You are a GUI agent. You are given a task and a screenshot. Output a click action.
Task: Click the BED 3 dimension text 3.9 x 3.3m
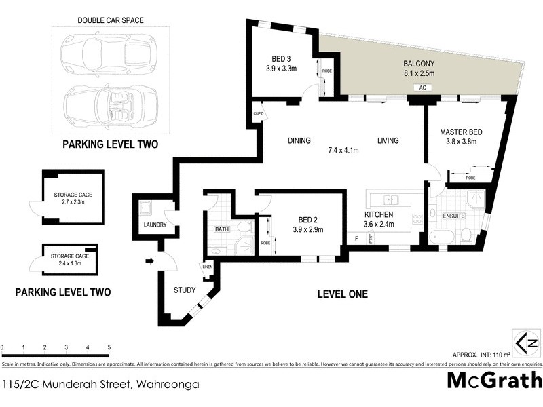click(x=281, y=68)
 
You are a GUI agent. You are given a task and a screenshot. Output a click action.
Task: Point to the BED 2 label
click(x=308, y=219)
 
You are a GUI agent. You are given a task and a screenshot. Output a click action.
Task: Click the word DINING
click(x=299, y=141)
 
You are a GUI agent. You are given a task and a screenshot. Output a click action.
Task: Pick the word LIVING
click(x=388, y=141)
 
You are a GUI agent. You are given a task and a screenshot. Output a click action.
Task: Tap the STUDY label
click(x=184, y=290)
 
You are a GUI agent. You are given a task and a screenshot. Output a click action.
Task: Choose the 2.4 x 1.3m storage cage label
click(x=70, y=260)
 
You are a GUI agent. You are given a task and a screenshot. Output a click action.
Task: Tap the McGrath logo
click(x=494, y=381)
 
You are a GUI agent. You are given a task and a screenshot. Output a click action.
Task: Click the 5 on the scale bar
click(x=109, y=347)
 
